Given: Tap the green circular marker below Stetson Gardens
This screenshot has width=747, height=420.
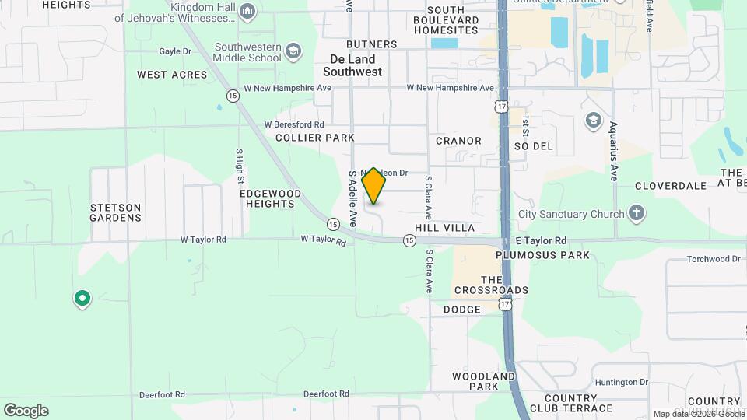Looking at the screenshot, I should pyautogui.click(x=82, y=299).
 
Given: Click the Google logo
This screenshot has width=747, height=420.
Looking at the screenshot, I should pyautogui.click(x=26, y=410).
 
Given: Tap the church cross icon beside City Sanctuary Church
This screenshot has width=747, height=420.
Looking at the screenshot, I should pyautogui.click(x=637, y=214).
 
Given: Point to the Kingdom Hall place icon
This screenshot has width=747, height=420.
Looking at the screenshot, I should pyautogui.click(x=247, y=10).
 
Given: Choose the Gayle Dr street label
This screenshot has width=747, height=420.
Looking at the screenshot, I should pyautogui.click(x=174, y=51).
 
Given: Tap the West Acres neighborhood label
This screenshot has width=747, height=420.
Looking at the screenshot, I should pyautogui.click(x=172, y=75).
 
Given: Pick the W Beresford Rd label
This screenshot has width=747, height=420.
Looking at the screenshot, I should pyautogui.click(x=293, y=124).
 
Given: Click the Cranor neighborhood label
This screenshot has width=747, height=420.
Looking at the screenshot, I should pyautogui.click(x=458, y=141).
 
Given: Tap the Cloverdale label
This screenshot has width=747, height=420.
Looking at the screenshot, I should pyautogui.click(x=670, y=186).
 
